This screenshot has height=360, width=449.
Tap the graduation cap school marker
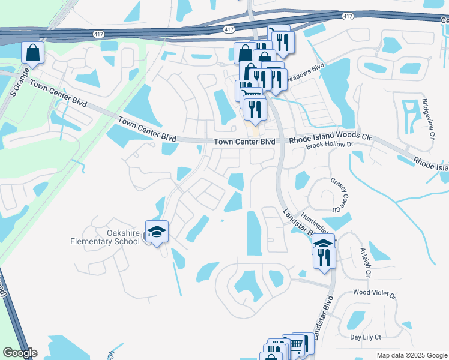(157, 232)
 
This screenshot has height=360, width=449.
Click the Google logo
(19, 353)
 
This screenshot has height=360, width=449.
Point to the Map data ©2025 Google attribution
(411, 355)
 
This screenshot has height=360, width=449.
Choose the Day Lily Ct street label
(362, 338)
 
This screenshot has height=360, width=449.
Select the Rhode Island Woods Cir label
(331, 138)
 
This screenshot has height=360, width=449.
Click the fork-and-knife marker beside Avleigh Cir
(324, 257)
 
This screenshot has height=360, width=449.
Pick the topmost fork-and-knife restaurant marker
(280, 41)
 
